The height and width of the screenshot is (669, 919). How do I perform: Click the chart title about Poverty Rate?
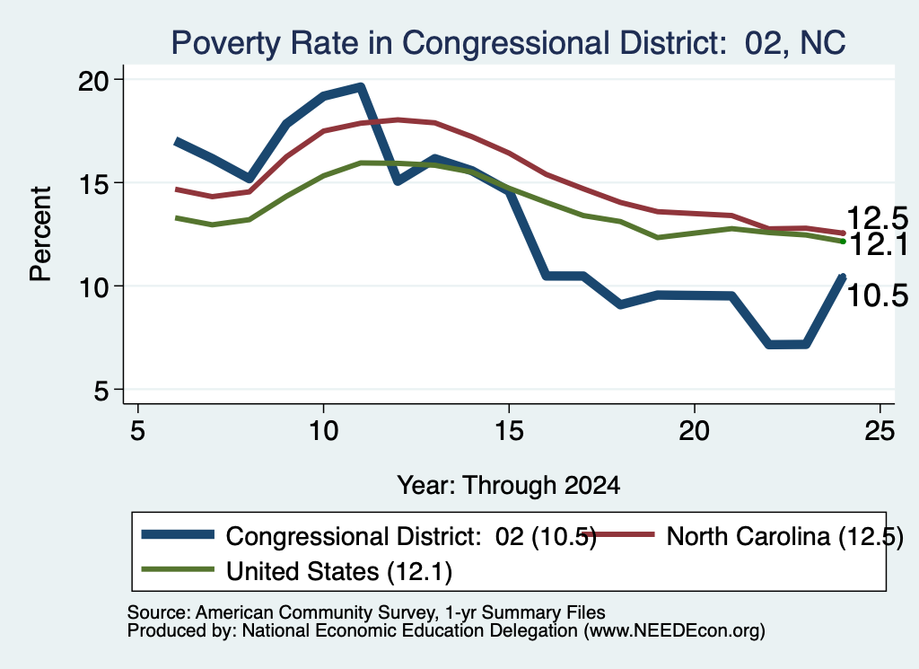tap(508, 43)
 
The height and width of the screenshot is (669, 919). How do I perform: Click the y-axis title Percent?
tap(40, 234)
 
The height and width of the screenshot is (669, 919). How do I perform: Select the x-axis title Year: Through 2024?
tap(508, 486)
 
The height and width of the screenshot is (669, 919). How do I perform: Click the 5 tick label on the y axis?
tap(101, 391)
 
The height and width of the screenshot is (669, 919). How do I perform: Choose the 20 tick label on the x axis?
tap(694, 432)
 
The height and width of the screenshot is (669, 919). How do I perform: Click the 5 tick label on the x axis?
tap(137, 432)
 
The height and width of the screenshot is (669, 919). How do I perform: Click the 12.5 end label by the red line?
tap(877, 218)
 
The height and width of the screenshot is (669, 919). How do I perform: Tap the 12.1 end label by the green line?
tap(878, 244)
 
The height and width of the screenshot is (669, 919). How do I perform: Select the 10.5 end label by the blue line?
tap(877, 295)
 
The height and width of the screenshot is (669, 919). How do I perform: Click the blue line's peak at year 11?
tap(361, 88)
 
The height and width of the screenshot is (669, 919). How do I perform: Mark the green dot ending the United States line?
tap(843, 241)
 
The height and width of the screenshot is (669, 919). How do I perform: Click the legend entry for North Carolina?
tap(784, 536)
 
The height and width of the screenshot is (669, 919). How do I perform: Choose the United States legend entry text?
tap(338, 571)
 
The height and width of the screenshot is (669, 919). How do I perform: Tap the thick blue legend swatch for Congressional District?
tap(179, 533)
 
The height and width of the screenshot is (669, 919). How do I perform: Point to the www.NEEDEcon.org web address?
tap(674, 631)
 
